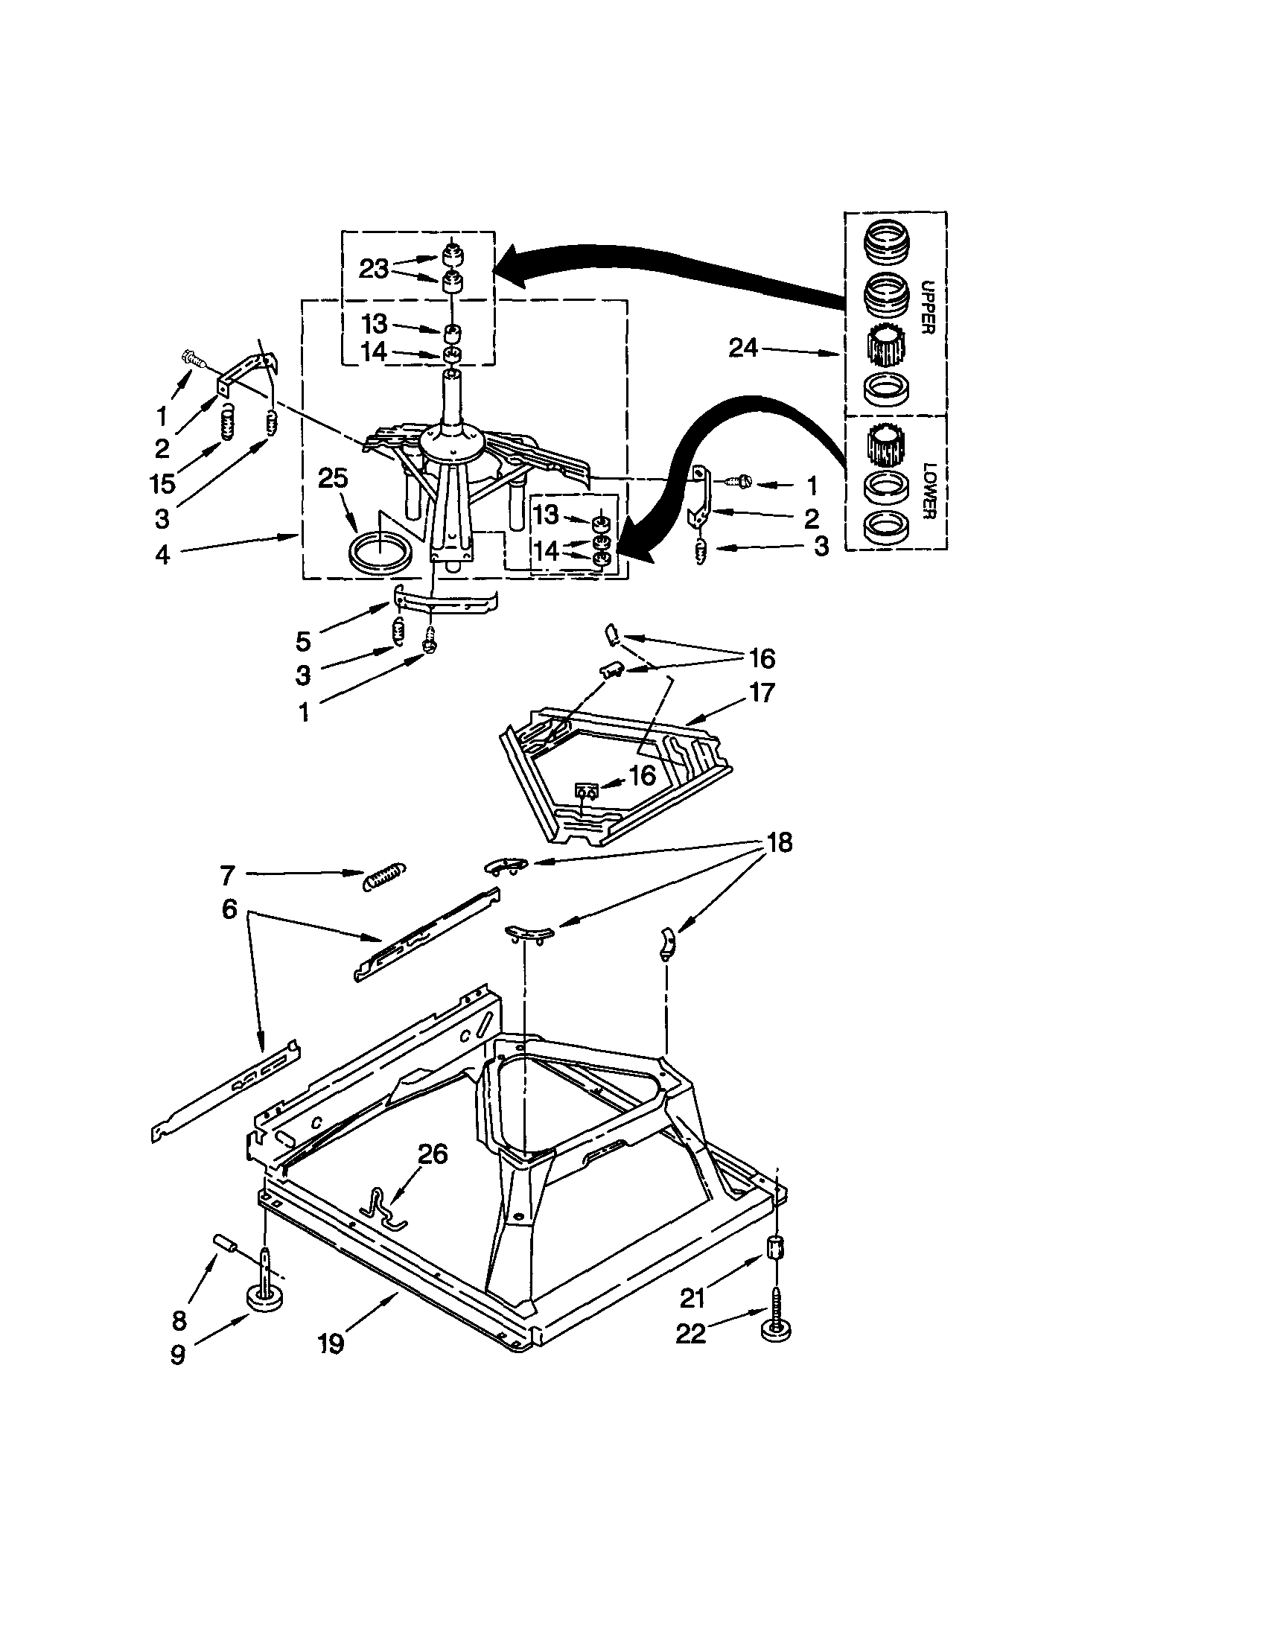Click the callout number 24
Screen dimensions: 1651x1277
(742, 348)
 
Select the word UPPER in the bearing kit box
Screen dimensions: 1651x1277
(929, 307)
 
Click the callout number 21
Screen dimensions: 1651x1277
(692, 1298)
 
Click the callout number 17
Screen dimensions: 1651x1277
(762, 693)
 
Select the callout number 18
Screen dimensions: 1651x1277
(779, 842)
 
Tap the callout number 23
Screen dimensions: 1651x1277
(374, 269)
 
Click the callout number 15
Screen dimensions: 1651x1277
(162, 483)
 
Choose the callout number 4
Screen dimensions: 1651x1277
(162, 555)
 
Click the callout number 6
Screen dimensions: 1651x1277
(229, 909)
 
